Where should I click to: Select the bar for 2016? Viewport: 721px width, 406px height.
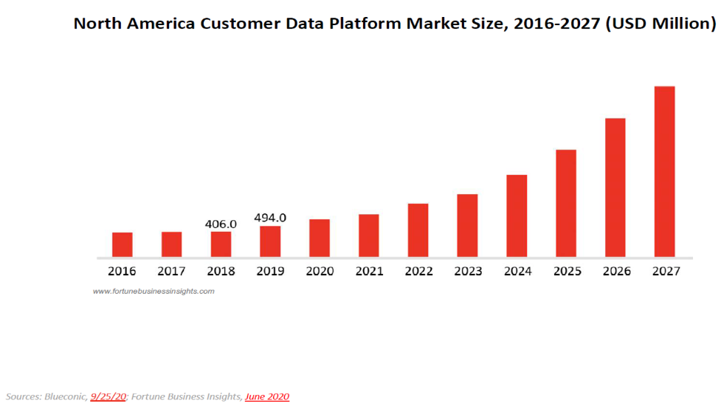(123, 244)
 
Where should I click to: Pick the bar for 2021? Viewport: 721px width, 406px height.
(369, 235)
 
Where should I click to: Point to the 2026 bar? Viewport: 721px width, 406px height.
(615, 187)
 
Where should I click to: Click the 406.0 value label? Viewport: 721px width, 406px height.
(221, 224)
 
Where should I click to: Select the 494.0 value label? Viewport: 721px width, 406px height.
(270, 218)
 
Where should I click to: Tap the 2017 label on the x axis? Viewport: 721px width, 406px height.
(172, 271)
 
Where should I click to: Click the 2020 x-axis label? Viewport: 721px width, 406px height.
(320, 271)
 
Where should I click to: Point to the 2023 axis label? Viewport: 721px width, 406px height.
(468, 271)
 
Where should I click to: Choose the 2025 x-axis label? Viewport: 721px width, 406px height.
(566, 271)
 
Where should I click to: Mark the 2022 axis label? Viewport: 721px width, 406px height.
(418, 271)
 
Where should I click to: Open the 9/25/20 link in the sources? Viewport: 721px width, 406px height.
(108, 397)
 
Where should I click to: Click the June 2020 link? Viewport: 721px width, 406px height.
(267, 397)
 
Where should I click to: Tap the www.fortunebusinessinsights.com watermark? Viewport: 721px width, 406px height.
(153, 291)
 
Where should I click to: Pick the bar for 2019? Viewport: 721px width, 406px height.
(270, 241)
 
